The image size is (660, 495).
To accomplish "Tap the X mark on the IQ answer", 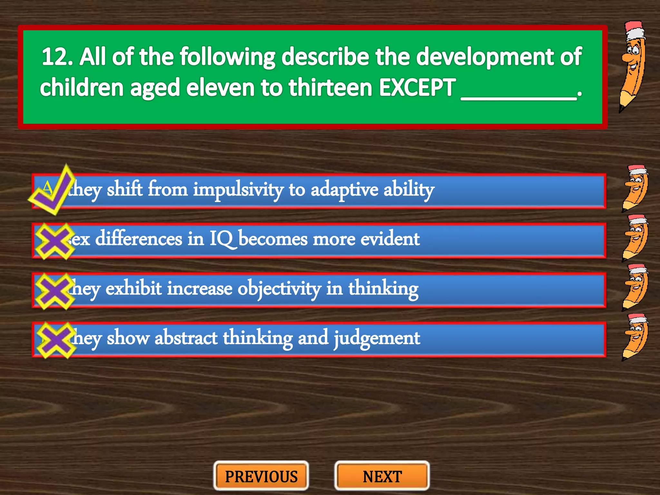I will pos(54,241).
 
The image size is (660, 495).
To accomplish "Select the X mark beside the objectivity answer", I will pos(54,291).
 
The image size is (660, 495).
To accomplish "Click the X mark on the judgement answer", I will pos(55,340).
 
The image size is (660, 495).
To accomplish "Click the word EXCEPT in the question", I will pos(417,88).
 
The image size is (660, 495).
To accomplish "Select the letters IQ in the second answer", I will pos(221,239).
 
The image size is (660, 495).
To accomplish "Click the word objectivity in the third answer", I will pos(279,289).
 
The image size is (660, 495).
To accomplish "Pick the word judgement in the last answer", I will pos(377,338).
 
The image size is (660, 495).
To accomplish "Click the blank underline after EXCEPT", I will pos(519,97).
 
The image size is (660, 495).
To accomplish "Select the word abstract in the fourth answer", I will pos(186,338).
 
